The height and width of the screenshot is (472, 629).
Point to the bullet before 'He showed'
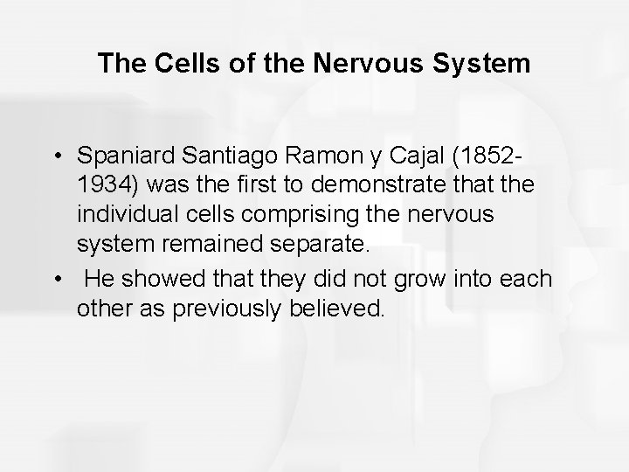[57, 279]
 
